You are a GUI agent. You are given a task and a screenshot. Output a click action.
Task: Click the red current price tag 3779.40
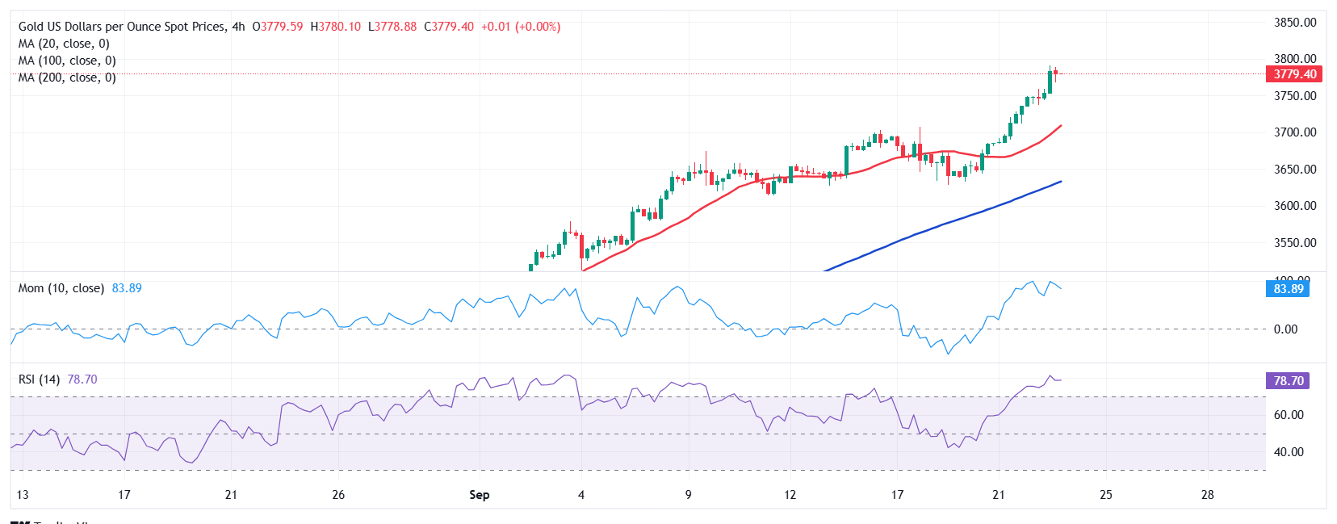click(x=1294, y=74)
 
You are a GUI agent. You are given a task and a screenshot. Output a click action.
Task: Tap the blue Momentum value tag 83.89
click(x=1288, y=289)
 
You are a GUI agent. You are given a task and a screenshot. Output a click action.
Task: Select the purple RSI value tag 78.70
click(x=1288, y=381)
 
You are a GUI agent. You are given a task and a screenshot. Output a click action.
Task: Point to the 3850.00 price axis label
click(x=1294, y=23)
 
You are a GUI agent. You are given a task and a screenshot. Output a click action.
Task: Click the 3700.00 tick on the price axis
click(x=1294, y=132)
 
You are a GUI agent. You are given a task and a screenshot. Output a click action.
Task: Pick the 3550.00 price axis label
click(x=1294, y=243)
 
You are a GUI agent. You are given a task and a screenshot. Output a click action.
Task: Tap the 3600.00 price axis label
click(x=1294, y=206)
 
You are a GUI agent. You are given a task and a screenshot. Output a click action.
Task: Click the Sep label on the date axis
click(x=479, y=495)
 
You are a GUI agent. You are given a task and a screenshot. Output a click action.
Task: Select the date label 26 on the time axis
click(x=338, y=495)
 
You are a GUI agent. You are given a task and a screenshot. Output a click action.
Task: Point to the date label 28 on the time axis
click(x=1207, y=495)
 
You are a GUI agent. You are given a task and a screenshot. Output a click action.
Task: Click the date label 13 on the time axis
click(x=22, y=495)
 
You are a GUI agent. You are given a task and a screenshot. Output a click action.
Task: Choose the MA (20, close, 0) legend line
click(x=64, y=44)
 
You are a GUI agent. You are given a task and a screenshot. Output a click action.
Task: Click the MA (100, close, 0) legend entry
click(x=67, y=61)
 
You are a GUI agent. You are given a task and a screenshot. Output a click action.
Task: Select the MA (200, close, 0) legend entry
click(x=67, y=78)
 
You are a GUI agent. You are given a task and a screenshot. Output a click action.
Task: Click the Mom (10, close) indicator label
click(x=61, y=288)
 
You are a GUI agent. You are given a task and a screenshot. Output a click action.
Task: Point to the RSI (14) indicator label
click(x=39, y=379)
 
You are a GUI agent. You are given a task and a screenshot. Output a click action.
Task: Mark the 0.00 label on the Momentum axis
click(x=1285, y=329)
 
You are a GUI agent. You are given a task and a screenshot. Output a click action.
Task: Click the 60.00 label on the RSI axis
click(x=1288, y=415)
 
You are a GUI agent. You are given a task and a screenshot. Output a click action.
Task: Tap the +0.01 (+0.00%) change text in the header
click(x=521, y=27)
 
